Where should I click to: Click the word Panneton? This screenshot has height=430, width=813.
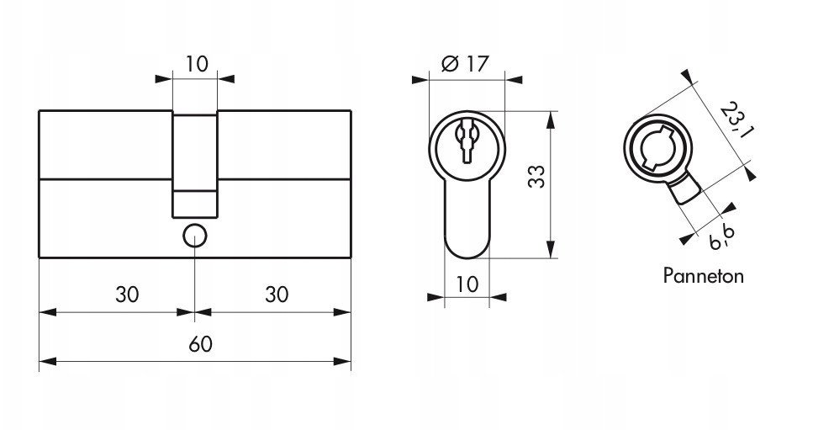[703, 275]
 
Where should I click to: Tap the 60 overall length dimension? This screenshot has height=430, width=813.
[200, 344]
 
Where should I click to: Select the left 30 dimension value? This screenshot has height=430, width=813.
[127, 295]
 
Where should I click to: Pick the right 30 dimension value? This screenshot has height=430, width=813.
[277, 295]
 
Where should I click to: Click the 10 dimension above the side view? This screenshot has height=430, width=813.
[197, 64]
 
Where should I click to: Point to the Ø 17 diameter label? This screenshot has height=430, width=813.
[465, 64]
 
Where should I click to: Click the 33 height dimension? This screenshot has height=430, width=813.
[536, 177]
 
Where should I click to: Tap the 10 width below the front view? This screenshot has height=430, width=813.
[467, 284]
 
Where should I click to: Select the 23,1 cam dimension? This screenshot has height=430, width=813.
[736, 121]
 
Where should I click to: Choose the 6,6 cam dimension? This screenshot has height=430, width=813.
[723, 238]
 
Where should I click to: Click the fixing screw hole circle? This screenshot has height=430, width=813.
[195, 236]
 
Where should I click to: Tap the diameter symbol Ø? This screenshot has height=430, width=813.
[449, 64]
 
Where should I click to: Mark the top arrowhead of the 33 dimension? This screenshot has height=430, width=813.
[551, 119]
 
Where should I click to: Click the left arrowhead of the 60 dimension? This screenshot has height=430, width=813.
[48, 362]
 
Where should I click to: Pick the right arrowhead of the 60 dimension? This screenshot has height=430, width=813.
[343, 362]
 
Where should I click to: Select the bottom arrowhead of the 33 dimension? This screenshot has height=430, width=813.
[551, 249]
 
